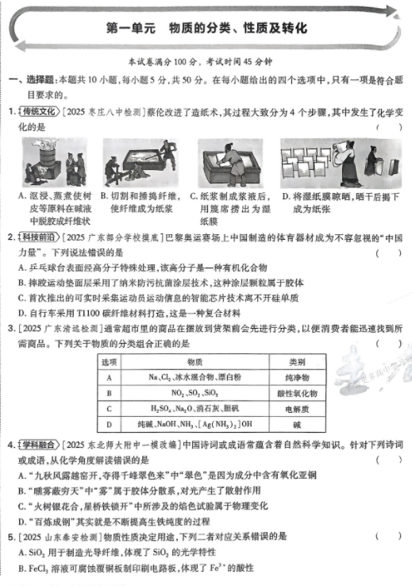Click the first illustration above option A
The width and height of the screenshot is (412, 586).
[56, 163]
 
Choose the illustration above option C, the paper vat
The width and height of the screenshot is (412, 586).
[231, 163]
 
